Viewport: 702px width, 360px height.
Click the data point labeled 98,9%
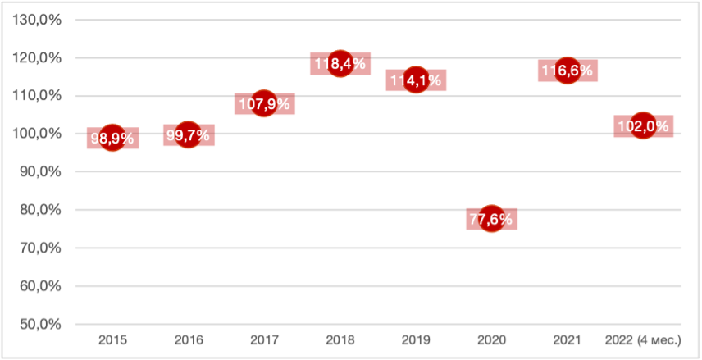[112, 138]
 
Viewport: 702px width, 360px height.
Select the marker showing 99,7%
[188, 134]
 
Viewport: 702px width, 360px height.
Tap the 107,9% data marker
[263, 104]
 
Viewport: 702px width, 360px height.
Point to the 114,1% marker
[416, 80]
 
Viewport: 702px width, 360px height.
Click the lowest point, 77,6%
[491, 219]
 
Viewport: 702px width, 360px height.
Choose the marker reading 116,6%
[568, 71]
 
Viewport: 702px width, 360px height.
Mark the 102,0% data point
[643, 126]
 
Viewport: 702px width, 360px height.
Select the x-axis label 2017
[263, 339]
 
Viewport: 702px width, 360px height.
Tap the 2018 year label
[340, 339]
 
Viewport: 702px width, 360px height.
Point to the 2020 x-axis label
[491, 339]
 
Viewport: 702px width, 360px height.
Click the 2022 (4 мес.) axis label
[643, 339]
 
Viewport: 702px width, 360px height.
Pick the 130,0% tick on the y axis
[40, 20]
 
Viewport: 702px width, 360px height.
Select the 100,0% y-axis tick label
[40, 134]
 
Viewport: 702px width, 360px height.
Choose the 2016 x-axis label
[188, 339]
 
